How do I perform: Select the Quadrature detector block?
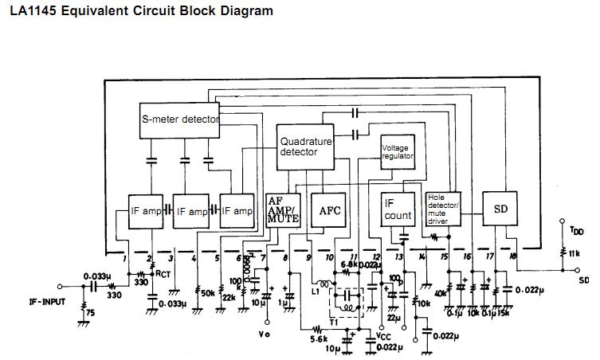306,147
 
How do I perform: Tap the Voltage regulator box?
398,152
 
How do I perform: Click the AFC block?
330,211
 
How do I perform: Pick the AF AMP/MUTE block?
282,210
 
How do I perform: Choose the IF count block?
398,209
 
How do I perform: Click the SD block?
501,209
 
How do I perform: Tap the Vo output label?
265,335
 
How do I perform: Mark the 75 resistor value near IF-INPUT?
90,313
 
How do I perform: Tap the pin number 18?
513,255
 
